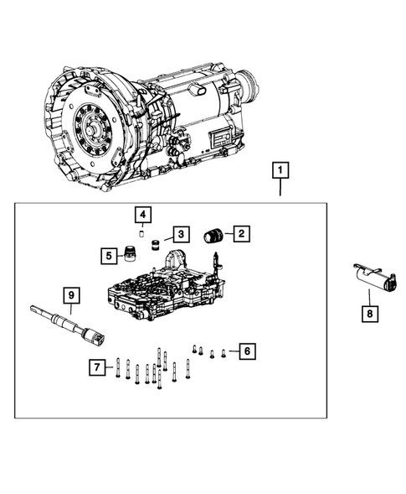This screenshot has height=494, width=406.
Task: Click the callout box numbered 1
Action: pyautogui.click(x=280, y=172)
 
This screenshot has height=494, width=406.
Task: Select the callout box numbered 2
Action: pyautogui.click(x=240, y=234)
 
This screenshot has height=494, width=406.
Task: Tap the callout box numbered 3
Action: pyautogui.click(x=179, y=233)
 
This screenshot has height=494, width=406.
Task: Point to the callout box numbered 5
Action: pyautogui.click(x=108, y=254)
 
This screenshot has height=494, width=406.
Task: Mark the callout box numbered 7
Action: pyautogui.click(x=98, y=367)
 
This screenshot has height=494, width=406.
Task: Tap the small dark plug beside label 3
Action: pyautogui.click(x=155, y=244)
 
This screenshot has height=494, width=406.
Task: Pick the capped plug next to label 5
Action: pyautogui.click(x=129, y=254)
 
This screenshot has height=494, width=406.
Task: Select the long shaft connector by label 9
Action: pyautogui.click(x=70, y=328)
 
